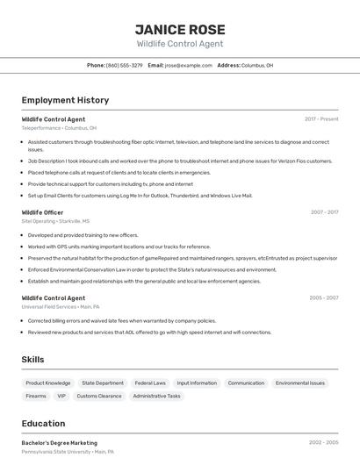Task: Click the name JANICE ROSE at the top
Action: [x=180, y=29]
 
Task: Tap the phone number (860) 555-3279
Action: [x=124, y=65]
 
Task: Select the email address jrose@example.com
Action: [x=189, y=65]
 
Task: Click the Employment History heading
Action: [x=65, y=100]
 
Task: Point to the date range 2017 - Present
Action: [x=321, y=118]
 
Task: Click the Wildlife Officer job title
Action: [x=42, y=212]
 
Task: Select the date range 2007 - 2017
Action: [x=324, y=212]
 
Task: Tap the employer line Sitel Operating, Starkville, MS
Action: [x=55, y=221]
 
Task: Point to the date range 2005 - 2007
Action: [x=324, y=298]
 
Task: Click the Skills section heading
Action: [x=32, y=360]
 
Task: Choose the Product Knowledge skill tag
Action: [x=48, y=383]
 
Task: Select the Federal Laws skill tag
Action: [x=150, y=383]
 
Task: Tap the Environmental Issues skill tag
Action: [x=300, y=383]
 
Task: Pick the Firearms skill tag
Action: [x=36, y=396]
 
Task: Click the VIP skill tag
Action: [x=61, y=396]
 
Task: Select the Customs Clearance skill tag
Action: [x=99, y=396]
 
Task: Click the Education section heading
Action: [x=43, y=423]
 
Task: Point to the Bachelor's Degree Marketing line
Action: [x=60, y=443]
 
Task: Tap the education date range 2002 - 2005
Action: [x=324, y=443]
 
